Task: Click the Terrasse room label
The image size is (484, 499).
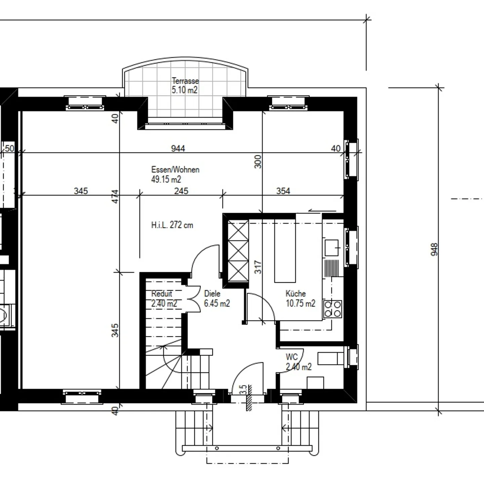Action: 185,81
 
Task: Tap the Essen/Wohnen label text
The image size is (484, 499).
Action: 175,169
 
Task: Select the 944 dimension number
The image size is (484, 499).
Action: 178,149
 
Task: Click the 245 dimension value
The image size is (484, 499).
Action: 182,191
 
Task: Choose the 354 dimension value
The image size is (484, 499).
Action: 283,191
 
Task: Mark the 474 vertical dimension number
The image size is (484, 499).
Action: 115,197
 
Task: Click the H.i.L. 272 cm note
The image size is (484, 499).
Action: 172,225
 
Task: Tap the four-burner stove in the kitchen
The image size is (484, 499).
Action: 333,309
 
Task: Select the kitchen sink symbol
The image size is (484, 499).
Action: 332,248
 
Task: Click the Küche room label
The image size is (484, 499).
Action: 296,293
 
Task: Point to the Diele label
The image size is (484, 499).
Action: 212,293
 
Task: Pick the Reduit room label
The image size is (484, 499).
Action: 162,293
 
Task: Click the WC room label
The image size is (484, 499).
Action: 292,357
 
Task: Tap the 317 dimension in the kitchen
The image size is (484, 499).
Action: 258,267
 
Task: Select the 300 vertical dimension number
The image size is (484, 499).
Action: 258,162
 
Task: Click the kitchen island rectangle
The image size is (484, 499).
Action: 285,251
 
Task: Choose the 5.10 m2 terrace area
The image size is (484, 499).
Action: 185,90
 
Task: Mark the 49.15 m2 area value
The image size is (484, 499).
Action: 166,179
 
